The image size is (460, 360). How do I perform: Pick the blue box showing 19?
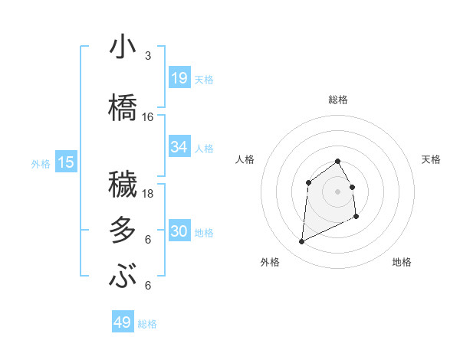click(x=179, y=79)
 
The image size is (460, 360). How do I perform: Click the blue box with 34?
click(x=179, y=147)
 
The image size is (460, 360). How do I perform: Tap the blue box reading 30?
click(x=179, y=232)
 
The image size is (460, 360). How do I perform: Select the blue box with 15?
click(x=66, y=162)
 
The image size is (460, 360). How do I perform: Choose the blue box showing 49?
click(x=123, y=322)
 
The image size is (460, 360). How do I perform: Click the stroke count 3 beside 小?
click(x=147, y=56)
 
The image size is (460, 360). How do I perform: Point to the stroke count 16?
click(x=148, y=117)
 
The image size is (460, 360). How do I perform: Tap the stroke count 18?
click(x=148, y=194)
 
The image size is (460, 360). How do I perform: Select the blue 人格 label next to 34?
click(x=204, y=148)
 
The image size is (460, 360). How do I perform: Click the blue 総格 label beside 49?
click(x=148, y=324)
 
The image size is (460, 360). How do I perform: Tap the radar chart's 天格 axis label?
click(x=431, y=159)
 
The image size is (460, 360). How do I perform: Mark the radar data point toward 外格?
click(x=301, y=242)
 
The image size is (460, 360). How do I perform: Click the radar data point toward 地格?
click(x=357, y=217)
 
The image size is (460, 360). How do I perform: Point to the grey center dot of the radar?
click(x=337, y=191)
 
